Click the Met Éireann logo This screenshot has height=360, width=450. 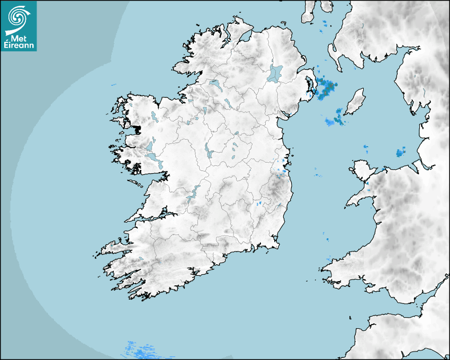[x=19, y=25]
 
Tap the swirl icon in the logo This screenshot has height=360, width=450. [x=19, y=17]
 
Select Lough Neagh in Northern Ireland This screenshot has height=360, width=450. [x=275, y=73]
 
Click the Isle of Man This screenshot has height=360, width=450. [x=355, y=102]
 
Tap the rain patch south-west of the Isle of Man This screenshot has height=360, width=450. [x=335, y=121]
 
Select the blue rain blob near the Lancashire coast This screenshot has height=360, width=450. [x=400, y=153]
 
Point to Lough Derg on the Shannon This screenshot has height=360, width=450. [x=193, y=193]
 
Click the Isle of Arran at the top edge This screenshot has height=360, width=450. [x=309, y=13]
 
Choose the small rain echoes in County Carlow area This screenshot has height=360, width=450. [x=259, y=203]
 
